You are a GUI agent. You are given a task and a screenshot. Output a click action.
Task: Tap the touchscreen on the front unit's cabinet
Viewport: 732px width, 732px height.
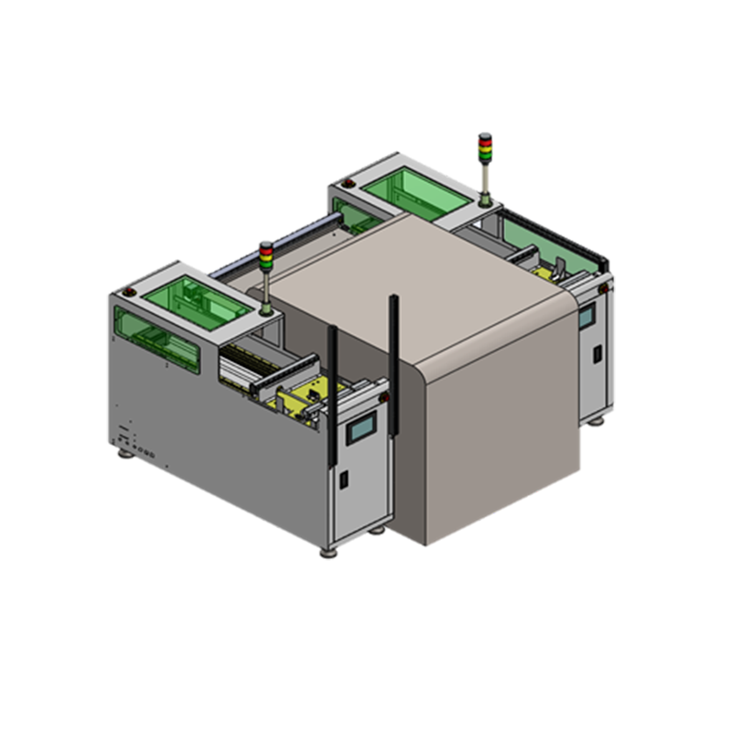tap(361, 427)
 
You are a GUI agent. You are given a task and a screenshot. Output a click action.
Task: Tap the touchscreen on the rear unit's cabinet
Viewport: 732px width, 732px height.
tap(586, 317)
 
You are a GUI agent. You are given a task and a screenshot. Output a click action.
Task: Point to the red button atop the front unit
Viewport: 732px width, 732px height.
tap(129, 291)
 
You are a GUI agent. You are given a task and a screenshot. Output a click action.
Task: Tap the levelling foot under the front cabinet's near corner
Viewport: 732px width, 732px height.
tap(328, 553)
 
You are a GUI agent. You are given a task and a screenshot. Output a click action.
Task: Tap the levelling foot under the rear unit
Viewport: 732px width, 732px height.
tap(597, 422)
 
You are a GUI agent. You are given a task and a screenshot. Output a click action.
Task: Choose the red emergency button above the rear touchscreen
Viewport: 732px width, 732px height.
tap(603, 290)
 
